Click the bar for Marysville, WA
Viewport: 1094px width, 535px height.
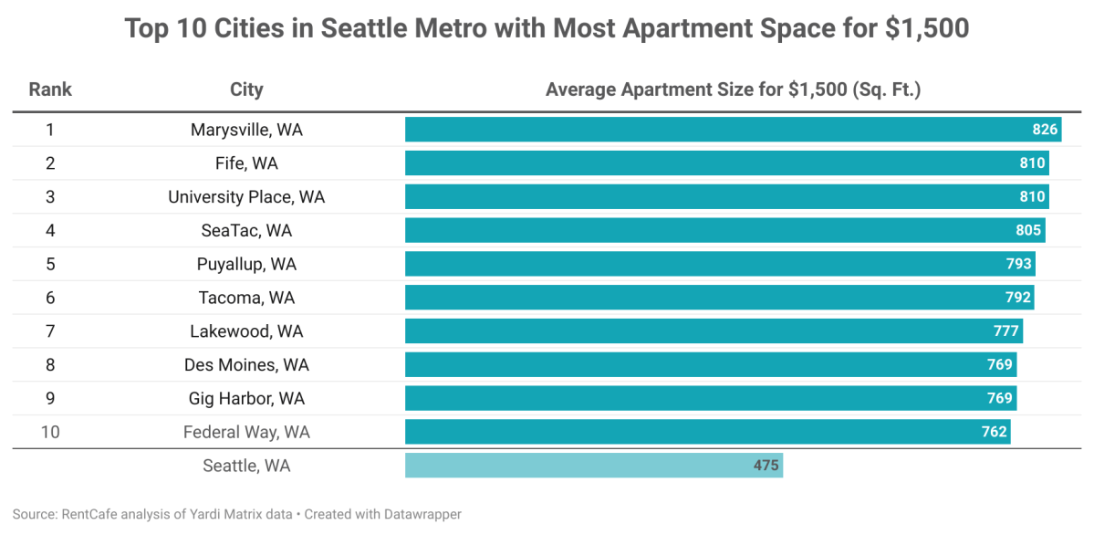tap(730, 130)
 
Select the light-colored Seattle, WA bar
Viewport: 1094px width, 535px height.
tap(593, 466)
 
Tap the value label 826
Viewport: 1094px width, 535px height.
tap(1045, 130)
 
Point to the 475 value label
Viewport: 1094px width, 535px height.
tap(766, 466)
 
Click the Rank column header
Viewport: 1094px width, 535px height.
tap(50, 89)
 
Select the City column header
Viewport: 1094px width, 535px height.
tap(246, 89)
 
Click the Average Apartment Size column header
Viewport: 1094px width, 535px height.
tap(733, 89)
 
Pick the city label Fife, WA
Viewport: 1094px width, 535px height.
tap(246, 163)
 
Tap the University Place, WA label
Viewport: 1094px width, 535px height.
tap(246, 197)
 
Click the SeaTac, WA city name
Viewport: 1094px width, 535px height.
tap(246, 231)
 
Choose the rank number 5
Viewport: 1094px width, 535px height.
tap(50, 264)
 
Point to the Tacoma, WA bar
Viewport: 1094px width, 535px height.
tap(712, 298)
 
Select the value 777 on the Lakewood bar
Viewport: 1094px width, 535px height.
tap(1006, 331)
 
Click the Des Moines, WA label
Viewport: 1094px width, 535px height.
tap(246, 365)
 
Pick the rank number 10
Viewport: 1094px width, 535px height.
tap(50, 432)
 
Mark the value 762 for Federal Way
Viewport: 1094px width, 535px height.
tap(995, 432)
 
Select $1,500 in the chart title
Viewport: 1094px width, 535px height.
tap(926, 29)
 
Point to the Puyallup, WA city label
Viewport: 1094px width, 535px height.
tap(246, 264)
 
